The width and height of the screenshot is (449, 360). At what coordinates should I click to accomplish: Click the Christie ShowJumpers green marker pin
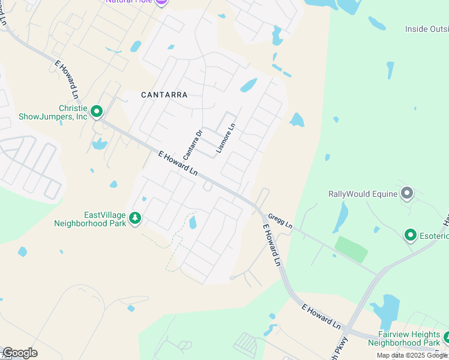click(96, 111)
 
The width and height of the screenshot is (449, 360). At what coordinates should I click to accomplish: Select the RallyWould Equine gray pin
click(407, 193)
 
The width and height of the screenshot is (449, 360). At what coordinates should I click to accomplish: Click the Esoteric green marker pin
click(411, 235)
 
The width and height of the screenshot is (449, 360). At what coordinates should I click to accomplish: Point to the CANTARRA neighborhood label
click(164, 95)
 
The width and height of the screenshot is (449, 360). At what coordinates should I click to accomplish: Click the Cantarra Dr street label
click(193, 145)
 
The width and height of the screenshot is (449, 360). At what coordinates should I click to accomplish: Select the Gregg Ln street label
click(280, 220)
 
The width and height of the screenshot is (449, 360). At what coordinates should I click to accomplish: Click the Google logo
click(20, 353)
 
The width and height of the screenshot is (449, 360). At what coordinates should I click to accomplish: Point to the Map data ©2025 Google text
click(412, 355)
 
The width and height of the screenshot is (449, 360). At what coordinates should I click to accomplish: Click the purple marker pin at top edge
click(161, 2)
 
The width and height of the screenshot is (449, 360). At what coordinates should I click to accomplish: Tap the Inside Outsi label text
click(426, 28)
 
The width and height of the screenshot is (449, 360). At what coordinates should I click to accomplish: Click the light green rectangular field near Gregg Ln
click(351, 249)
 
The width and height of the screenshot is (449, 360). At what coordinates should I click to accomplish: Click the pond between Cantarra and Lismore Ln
click(249, 85)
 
